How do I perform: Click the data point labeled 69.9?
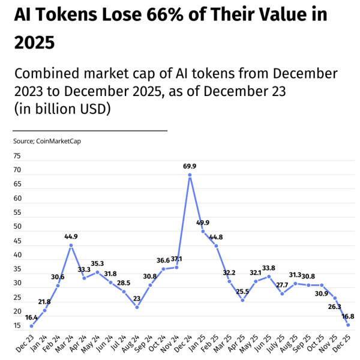pyautogui.click(x=190, y=175)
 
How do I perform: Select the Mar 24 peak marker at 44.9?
pyautogui.click(x=71, y=245)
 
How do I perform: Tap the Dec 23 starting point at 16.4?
pyautogui.click(x=32, y=326)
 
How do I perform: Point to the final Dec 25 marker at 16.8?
pyautogui.click(x=348, y=325)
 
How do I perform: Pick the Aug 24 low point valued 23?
pyautogui.click(x=137, y=307)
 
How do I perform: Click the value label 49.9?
pyautogui.click(x=203, y=223)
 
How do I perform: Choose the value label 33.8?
pyautogui.click(x=269, y=268)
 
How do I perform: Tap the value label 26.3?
pyautogui.click(x=334, y=289)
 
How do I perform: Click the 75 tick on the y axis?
pyautogui.click(x=17, y=156)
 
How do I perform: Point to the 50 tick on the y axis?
pyautogui.click(x=17, y=227)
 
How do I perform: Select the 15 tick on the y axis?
pyautogui.click(x=17, y=326)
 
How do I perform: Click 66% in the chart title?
pyautogui.click(x=158, y=14)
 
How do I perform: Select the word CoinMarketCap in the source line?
pyautogui.click(x=59, y=141)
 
